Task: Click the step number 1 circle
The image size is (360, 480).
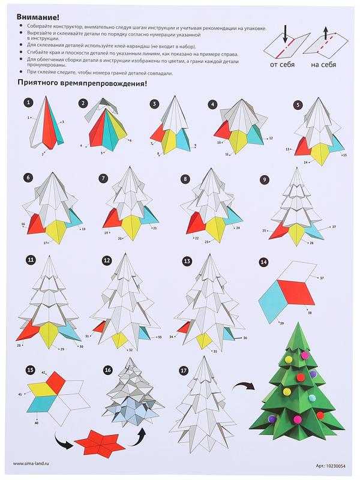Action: tap(28, 103)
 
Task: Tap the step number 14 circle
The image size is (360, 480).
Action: tap(263, 262)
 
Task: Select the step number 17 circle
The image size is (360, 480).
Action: tap(184, 370)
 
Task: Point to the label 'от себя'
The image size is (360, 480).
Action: tap(282, 65)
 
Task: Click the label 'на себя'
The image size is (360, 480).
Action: tap(323, 65)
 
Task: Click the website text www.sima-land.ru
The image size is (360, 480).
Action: tap(31, 463)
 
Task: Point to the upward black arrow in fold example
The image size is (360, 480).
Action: tap(325, 33)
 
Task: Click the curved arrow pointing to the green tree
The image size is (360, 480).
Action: tap(243, 386)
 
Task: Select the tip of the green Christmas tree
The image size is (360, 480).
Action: tap(298, 323)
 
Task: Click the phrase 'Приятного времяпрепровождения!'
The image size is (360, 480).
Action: tap(82, 83)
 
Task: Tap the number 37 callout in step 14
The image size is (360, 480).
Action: tap(322, 278)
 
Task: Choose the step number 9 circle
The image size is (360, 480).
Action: tap(265, 179)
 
